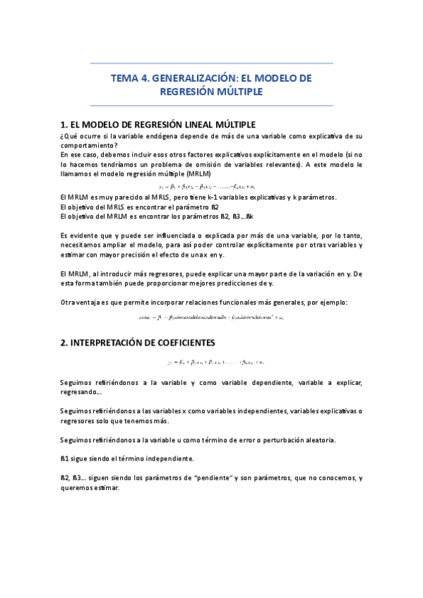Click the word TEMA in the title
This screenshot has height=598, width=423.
coord(124,78)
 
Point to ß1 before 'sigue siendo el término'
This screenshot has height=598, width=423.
coord(64,458)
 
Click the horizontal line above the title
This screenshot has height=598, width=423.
coord(212,64)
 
